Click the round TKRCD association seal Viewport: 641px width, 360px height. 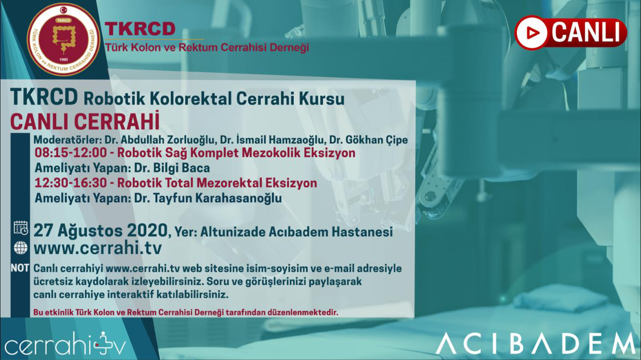tap(63, 39)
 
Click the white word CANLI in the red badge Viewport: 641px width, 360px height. tap(585, 32)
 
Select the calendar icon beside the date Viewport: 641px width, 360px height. tap(20, 228)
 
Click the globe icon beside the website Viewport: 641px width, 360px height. tap(20, 248)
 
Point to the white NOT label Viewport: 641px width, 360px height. tap(20, 268)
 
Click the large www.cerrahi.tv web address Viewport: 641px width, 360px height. tap(97, 248)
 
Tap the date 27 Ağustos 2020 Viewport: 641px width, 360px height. tap(100, 230)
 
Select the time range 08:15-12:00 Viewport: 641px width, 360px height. tap(71, 153)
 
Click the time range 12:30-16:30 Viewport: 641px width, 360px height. tap(71, 183)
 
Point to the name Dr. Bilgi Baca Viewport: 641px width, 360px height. tap(172, 168)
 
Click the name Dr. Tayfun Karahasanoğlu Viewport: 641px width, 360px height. tap(208, 198)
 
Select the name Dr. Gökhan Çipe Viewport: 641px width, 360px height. tap(368, 140)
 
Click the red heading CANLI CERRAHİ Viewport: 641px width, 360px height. tap(85, 122)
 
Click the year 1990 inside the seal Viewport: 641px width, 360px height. tap(63, 60)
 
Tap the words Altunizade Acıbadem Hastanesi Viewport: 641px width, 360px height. tap(297, 232)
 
